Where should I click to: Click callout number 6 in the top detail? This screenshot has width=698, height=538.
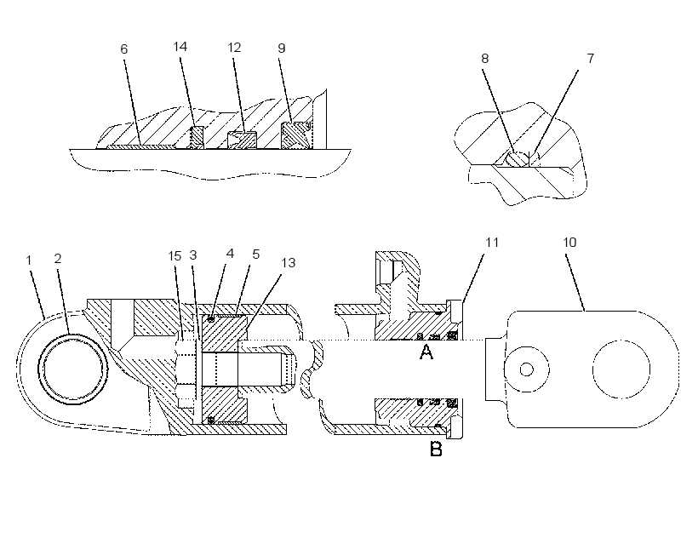point(124,49)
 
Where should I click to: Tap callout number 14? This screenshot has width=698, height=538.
point(180,47)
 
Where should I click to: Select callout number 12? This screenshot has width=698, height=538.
point(234,48)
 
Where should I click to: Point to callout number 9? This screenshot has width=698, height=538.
point(282,48)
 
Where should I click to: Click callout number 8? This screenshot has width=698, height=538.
point(485,58)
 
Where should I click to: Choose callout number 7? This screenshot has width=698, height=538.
point(590,58)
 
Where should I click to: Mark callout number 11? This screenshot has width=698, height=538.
point(492,243)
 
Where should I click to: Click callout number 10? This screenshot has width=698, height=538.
point(569,243)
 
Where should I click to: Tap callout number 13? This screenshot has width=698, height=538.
point(289,263)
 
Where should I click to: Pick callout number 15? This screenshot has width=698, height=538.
point(175,256)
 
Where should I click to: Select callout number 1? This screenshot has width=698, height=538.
point(30,260)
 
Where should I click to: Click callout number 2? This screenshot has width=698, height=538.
point(58,259)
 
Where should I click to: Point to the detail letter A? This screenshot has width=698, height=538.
point(426,352)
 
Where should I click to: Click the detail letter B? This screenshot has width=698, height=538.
point(436,449)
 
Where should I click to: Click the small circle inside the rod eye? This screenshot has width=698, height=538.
point(527,369)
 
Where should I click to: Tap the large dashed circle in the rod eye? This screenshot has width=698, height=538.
point(621,341)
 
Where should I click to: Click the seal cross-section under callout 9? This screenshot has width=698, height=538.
point(295,135)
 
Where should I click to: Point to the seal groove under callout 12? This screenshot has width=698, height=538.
point(242,140)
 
